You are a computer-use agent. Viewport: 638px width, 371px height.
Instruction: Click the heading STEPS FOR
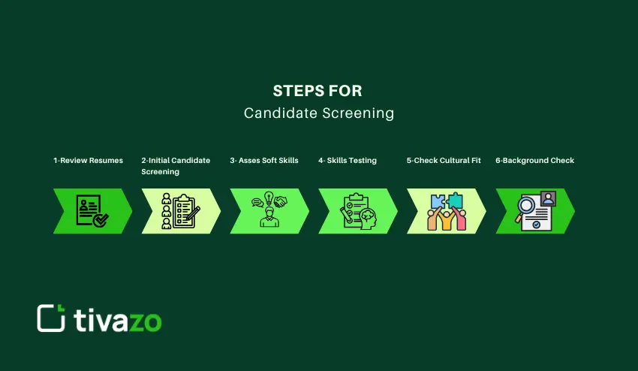(318, 91)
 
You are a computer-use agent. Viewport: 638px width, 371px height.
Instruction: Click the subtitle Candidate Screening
(318, 113)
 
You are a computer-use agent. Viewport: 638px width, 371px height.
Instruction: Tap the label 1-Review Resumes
(88, 161)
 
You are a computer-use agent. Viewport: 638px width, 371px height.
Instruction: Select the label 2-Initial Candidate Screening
(176, 166)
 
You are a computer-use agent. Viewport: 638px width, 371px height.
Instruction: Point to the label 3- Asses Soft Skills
(263, 161)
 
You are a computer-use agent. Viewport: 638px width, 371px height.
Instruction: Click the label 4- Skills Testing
(347, 161)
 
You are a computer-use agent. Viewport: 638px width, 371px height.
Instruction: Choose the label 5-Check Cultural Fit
(444, 161)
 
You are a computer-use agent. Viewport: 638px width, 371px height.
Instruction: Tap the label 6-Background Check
(534, 161)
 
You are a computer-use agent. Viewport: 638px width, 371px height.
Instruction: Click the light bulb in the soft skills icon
(268, 199)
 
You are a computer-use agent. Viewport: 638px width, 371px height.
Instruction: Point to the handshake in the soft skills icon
(281, 202)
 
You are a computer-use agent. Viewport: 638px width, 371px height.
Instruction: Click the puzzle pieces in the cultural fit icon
(446, 201)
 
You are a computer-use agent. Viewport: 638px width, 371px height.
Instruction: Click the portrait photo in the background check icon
(547, 198)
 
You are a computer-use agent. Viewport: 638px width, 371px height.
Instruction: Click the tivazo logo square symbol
(51, 318)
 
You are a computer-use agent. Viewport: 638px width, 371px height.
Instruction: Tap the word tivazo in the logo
(117, 319)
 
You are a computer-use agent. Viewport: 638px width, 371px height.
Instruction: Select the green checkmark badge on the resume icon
(100, 220)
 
